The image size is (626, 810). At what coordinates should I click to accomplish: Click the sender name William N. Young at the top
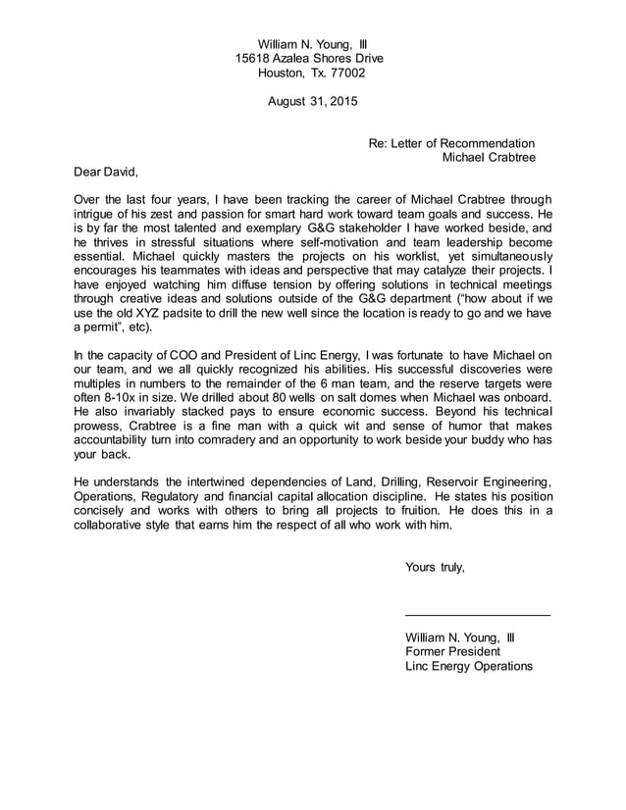pos(302,44)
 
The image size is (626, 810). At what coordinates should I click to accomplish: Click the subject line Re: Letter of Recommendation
pos(451,143)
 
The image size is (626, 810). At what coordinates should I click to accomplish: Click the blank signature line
pos(477,614)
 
